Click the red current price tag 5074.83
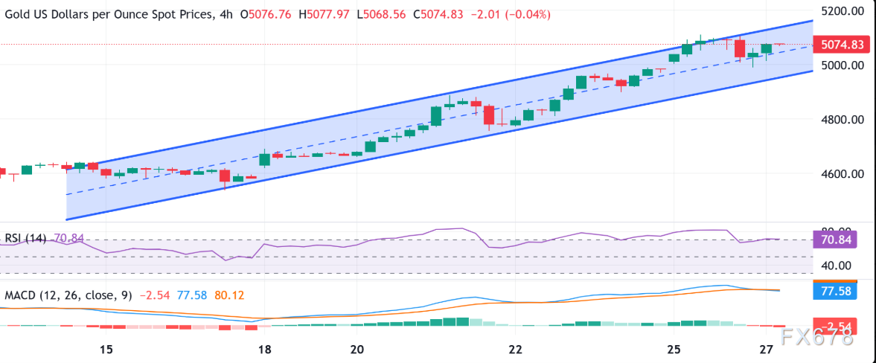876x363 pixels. (x=841, y=45)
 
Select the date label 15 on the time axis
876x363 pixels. (x=106, y=350)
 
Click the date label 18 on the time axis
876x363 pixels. (x=265, y=350)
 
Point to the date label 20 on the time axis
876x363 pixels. (x=357, y=350)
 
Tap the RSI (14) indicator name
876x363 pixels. (x=25, y=238)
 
